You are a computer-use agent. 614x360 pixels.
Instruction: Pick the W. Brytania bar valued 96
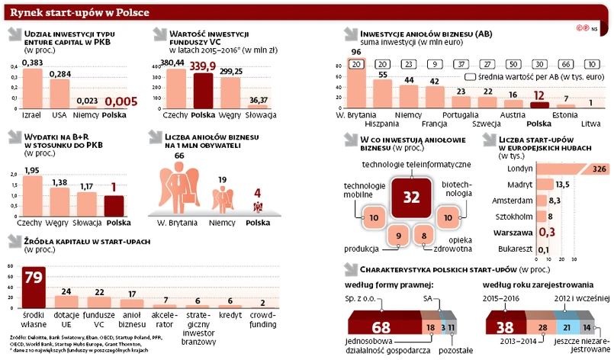355,92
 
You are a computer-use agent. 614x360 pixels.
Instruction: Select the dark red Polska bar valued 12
538,107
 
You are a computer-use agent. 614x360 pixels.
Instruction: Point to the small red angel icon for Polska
258,208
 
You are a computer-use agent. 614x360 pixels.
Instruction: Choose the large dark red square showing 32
412,198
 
